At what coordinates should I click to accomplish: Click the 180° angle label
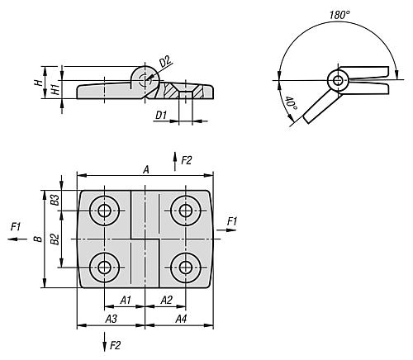point(339,15)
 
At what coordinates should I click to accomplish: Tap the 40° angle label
point(291,103)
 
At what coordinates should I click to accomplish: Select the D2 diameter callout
point(165,62)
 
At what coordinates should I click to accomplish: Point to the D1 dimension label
point(161,115)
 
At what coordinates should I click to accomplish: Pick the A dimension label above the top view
point(146,170)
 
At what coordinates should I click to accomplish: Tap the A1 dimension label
point(126,300)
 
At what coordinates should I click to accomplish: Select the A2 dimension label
point(166,300)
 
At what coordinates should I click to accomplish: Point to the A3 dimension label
point(112,319)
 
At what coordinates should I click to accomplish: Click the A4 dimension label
point(181,319)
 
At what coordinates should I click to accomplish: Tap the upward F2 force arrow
point(174,161)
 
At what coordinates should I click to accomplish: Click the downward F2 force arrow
point(104,342)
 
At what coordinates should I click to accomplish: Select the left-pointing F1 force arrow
point(17,239)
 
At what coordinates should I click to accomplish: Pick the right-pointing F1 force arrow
point(226,230)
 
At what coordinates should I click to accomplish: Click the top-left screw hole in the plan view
point(104,211)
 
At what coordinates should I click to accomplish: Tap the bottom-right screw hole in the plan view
point(186,268)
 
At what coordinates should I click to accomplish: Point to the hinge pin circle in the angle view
point(338,81)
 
